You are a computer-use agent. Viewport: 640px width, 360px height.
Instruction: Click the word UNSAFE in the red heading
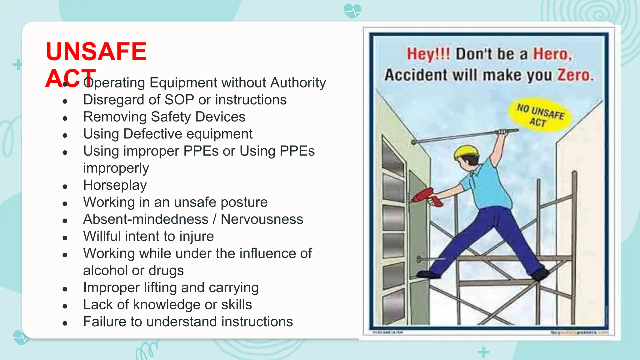click(96, 52)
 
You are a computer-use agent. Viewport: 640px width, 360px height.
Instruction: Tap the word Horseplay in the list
click(115, 185)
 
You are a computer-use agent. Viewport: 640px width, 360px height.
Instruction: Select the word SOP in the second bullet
click(179, 100)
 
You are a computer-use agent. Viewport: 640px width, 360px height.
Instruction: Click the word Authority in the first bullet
click(298, 83)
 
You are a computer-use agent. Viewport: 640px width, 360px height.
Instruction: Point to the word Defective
click(153, 134)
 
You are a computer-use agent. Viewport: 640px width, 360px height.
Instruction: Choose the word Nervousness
click(262, 219)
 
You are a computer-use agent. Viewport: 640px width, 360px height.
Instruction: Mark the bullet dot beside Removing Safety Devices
click(65, 118)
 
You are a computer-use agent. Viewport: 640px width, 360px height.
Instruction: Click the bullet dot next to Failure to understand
click(65, 323)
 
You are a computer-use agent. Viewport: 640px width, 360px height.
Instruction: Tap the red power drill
click(427, 197)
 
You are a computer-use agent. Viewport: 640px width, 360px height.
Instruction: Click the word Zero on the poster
click(575, 75)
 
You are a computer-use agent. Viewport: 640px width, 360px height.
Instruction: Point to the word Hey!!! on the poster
click(428, 54)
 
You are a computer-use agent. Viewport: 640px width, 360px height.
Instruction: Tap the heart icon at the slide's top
click(352, 11)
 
